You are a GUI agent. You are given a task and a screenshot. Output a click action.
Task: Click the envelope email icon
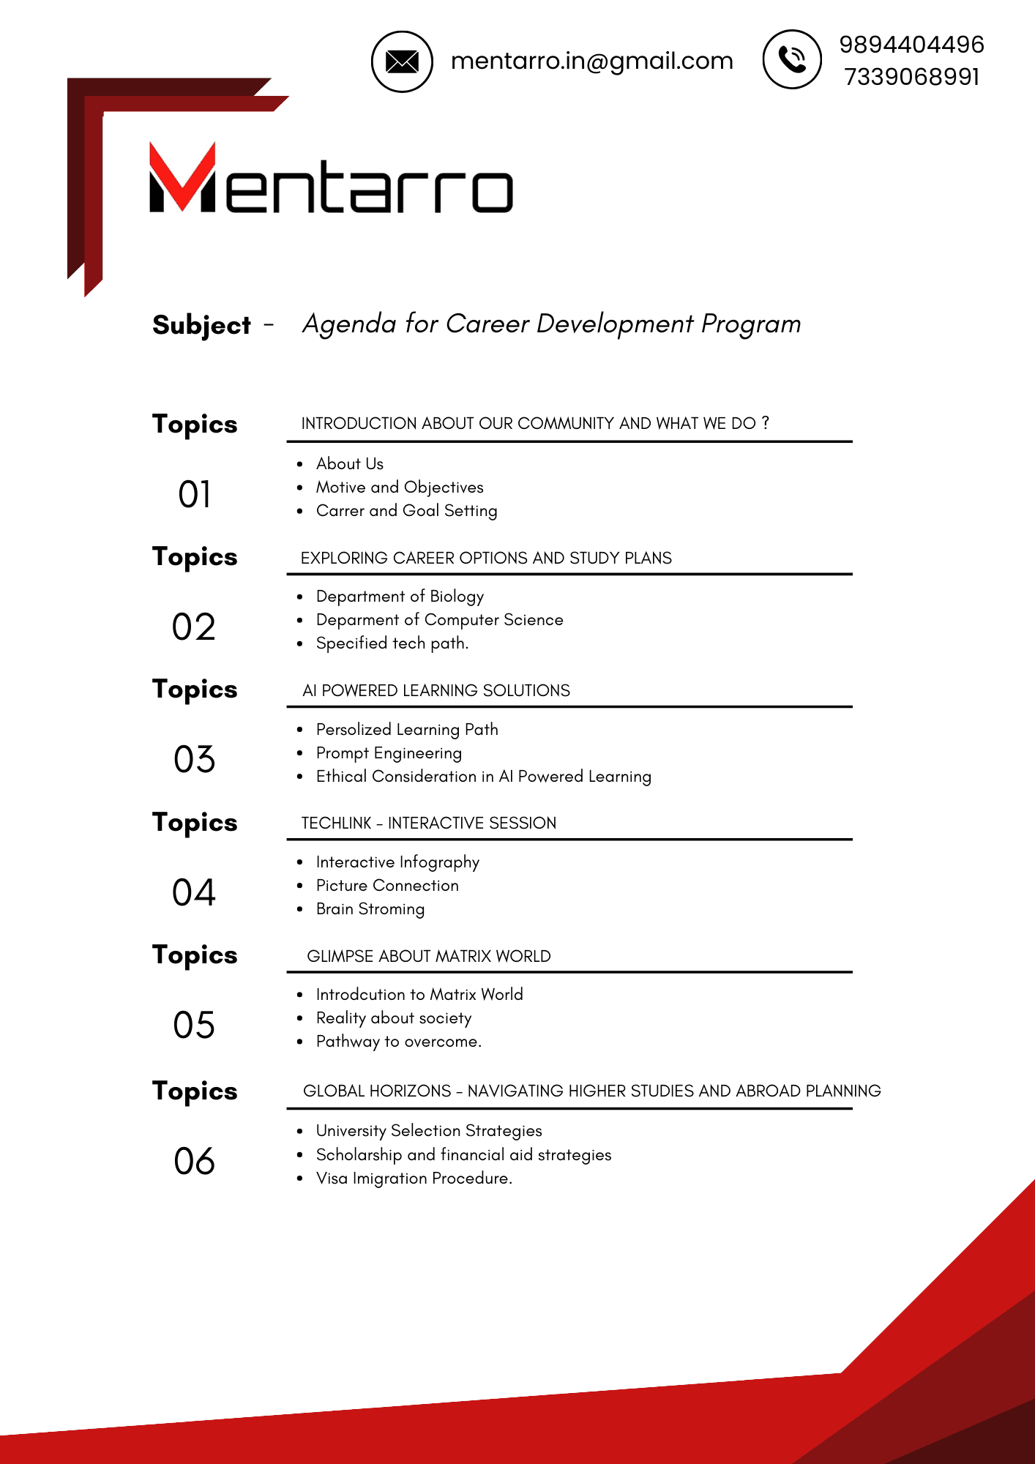pyautogui.click(x=402, y=61)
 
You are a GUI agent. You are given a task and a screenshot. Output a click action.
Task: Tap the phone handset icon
pyautogui.click(x=792, y=59)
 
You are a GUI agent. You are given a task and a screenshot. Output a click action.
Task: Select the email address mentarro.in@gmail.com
pyautogui.click(x=591, y=61)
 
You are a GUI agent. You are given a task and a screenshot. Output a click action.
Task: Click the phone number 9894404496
pyautogui.click(x=911, y=45)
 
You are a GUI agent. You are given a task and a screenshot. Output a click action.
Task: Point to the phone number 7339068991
pyautogui.click(x=911, y=77)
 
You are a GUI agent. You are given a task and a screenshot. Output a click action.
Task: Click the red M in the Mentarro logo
pyautogui.click(x=182, y=177)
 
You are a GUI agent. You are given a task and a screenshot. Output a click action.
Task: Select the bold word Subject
pyautogui.click(x=201, y=325)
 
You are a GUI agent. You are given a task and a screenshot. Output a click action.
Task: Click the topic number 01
pyautogui.click(x=194, y=495)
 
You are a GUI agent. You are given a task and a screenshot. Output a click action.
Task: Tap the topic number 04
pyautogui.click(x=194, y=893)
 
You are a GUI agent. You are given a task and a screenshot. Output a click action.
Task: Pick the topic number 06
pyautogui.click(x=194, y=1162)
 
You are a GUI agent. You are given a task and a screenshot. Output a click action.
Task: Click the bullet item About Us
pyautogui.click(x=349, y=464)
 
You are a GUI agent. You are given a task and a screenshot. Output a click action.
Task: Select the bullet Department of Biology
pyautogui.click(x=400, y=597)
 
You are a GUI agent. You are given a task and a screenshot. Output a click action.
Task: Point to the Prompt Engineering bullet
pyautogui.click(x=389, y=753)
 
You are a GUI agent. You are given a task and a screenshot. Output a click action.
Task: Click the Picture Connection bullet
pyautogui.click(x=387, y=886)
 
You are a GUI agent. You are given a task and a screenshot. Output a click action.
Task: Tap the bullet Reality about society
pyautogui.click(x=394, y=1018)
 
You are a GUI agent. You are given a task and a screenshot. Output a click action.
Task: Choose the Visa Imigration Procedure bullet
pyautogui.click(x=414, y=1179)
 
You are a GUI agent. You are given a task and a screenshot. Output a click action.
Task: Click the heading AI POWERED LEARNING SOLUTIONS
pyautogui.click(x=436, y=691)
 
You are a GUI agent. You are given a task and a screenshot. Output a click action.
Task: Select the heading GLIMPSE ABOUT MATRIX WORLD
pyautogui.click(x=429, y=957)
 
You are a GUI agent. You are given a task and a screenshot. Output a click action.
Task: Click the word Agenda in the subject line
pyautogui.click(x=349, y=324)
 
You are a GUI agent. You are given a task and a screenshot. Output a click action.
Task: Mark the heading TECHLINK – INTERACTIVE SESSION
pyautogui.click(x=429, y=823)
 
